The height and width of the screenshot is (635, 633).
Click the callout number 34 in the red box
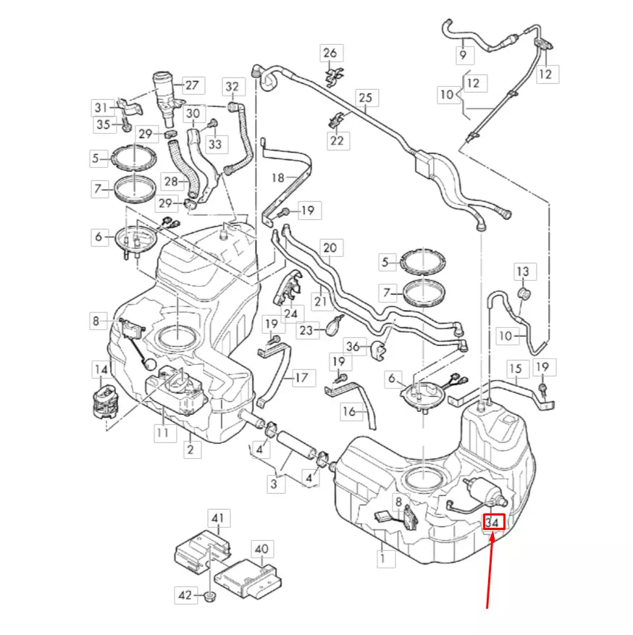click(x=493, y=521)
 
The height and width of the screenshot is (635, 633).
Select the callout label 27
click(x=190, y=85)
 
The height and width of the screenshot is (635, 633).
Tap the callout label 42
click(x=185, y=595)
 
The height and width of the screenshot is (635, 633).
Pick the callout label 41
click(x=217, y=518)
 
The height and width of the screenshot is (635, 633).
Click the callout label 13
click(x=523, y=272)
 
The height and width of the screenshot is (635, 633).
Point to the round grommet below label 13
click(x=524, y=294)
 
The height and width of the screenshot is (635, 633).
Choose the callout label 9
click(x=463, y=54)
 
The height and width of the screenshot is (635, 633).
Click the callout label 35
click(x=103, y=125)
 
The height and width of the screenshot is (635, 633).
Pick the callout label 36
click(x=353, y=346)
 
